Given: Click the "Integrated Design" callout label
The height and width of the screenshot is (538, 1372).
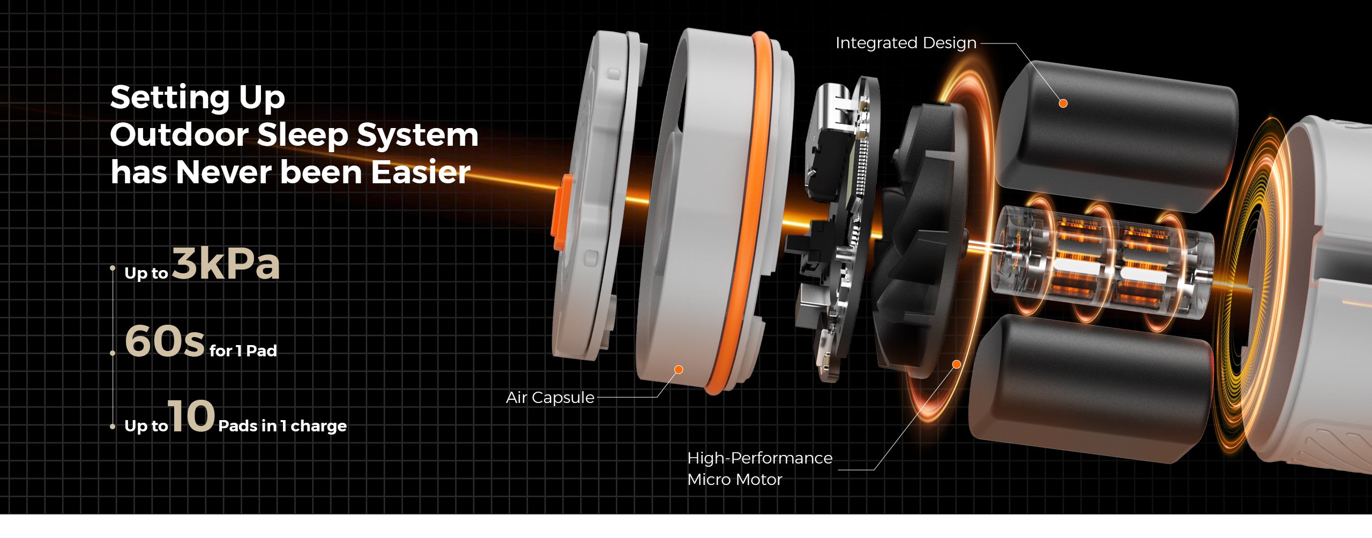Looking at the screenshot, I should (906, 43).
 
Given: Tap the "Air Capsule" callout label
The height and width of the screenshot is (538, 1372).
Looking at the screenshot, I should (550, 398).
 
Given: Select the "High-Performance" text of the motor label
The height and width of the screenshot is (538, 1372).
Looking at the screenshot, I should (759, 458).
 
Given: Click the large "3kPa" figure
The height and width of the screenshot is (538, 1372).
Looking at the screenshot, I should (226, 264).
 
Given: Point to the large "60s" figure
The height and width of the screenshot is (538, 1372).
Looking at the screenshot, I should (165, 341).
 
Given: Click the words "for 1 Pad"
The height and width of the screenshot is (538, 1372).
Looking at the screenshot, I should (243, 351).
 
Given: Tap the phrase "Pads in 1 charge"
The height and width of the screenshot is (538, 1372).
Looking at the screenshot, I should (282, 426).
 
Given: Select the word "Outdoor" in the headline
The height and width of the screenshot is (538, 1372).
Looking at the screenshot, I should (178, 134).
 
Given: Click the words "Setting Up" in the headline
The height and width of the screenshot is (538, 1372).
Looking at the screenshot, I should (197, 97).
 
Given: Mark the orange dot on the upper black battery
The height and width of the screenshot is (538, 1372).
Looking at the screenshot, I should (1063, 103).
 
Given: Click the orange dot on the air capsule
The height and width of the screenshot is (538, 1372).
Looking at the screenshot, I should (678, 370).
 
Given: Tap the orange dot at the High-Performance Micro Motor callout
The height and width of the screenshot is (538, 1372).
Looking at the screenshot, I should (956, 364).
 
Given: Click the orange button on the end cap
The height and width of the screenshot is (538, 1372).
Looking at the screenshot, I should (561, 212).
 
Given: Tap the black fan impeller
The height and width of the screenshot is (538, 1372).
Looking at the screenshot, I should (922, 241).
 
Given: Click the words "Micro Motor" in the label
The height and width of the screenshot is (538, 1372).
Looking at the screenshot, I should (734, 480).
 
